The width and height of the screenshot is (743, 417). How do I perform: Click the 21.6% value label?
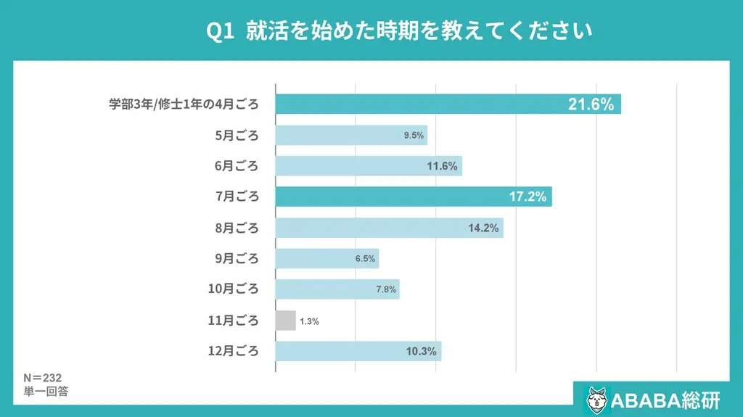pos(591,104)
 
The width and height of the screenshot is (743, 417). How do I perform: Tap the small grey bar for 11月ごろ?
pos(286,321)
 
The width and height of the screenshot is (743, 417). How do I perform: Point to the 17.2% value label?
pos(528,197)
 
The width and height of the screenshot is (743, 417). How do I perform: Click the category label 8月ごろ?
pos(236,228)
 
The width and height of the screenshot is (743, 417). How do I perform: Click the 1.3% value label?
pos(310,321)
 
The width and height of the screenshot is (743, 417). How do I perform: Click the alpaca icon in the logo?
pos(596,399)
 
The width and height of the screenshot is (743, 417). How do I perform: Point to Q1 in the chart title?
pos(221,31)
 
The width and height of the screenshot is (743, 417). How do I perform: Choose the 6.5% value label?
pos(365,259)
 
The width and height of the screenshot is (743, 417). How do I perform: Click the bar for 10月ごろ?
pos(337,289)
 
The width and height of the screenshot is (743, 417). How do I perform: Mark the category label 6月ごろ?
pos(236,166)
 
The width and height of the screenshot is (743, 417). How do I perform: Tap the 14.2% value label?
pos(483,228)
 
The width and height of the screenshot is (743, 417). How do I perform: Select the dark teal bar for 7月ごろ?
pos(414,197)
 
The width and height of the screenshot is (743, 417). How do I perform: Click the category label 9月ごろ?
pos(236,259)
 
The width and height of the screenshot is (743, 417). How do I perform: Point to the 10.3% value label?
pos(422,352)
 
